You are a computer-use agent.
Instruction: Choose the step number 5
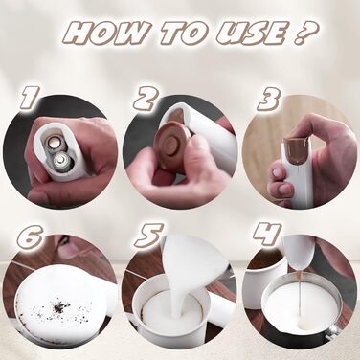pyautogui.click(x=148, y=236)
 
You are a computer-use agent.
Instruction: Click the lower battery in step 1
pyautogui.click(x=60, y=160)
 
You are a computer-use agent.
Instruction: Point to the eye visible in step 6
pyautogui.click(x=65, y=241)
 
